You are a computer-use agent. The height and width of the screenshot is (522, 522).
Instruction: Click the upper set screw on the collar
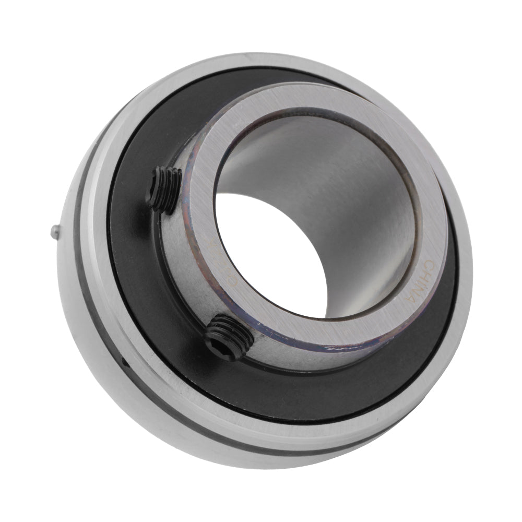pyautogui.click(x=163, y=188)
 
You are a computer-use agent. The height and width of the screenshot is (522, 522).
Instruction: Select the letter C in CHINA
pyautogui.click(x=429, y=262)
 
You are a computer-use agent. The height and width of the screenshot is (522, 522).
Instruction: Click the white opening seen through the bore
pyautogui.click(x=271, y=251)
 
